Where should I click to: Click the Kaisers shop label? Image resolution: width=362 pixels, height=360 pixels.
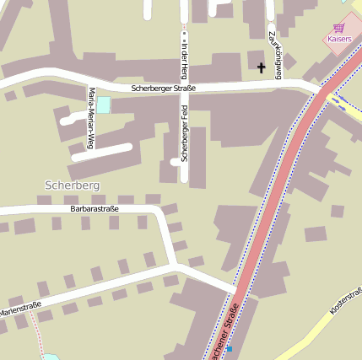pyautogui.click(x=338, y=39)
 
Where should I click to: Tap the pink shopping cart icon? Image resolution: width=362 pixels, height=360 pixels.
pyautogui.click(x=338, y=27)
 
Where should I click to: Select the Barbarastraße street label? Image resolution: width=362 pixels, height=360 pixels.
pyautogui.click(x=95, y=207)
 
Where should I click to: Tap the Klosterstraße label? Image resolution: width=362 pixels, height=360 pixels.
pyautogui.click(x=346, y=302)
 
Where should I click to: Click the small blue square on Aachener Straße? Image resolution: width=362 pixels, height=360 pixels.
pyautogui.click(x=229, y=348)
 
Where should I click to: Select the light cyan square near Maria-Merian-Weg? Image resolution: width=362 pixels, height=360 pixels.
pyautogui.click(x=104, y=105)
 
